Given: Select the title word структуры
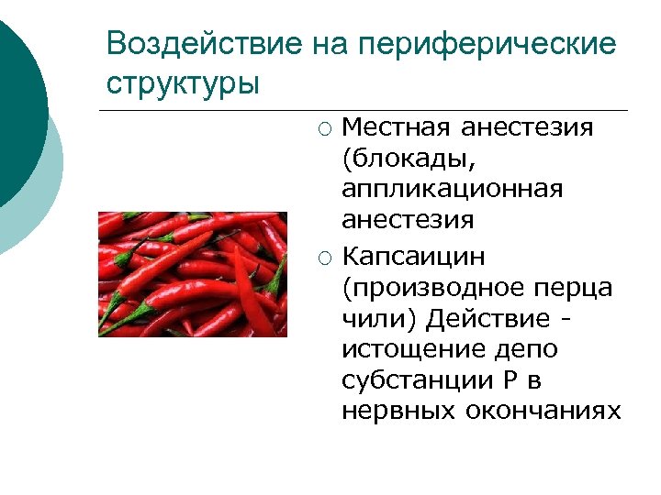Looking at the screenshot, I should point(183,82).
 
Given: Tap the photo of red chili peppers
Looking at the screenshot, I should point(193,274).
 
